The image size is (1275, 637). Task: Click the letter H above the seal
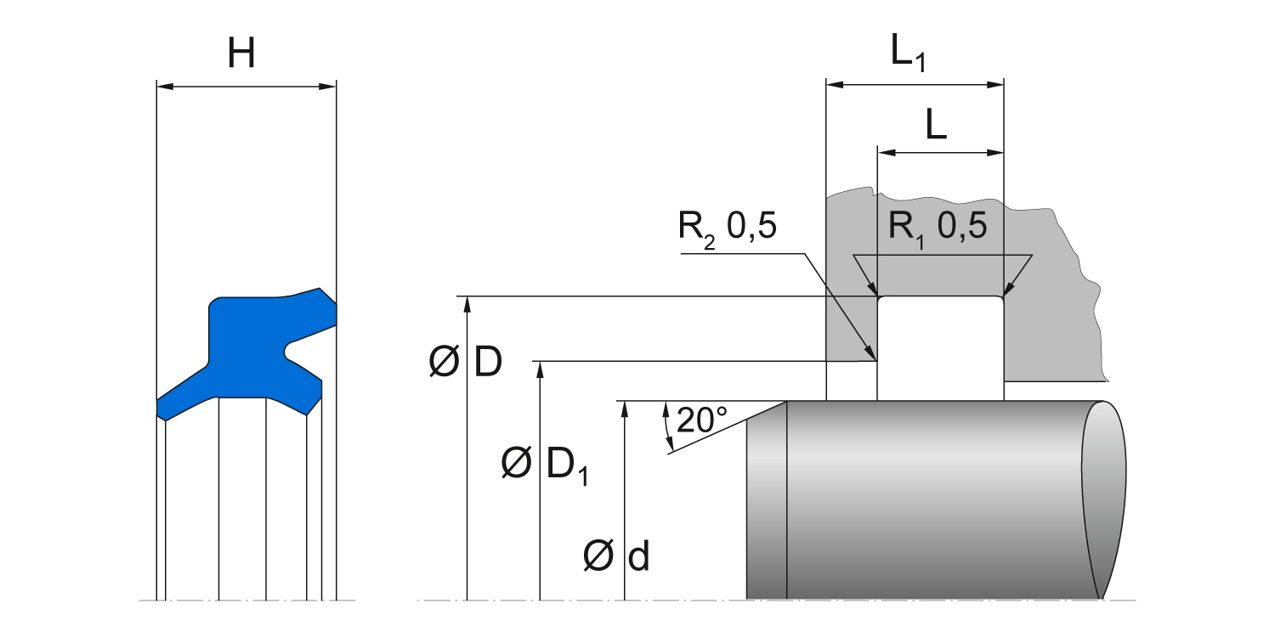point(241,55)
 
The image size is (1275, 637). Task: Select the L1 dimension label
point(908,54)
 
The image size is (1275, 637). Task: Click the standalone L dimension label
point(936,126)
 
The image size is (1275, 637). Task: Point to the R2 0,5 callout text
point(728,227)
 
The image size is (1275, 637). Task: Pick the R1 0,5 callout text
point(938,227)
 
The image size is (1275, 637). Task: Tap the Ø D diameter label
point(466,364)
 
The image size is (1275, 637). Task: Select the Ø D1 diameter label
point(544,465)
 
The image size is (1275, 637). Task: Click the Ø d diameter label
point(617,557)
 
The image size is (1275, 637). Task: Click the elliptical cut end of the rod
point(1104,499)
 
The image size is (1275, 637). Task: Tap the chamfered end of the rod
point(766,499)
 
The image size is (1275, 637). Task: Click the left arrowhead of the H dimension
point(164,86)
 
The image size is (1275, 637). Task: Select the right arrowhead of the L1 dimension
point(998,85)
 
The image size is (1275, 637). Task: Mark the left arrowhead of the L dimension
point(885,153)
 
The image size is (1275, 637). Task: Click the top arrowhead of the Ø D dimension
point(467,302)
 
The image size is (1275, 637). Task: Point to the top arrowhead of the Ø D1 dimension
point(540,367)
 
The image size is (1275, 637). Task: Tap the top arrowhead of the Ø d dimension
point(625,407)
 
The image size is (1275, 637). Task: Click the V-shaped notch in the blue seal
point(289,350)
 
